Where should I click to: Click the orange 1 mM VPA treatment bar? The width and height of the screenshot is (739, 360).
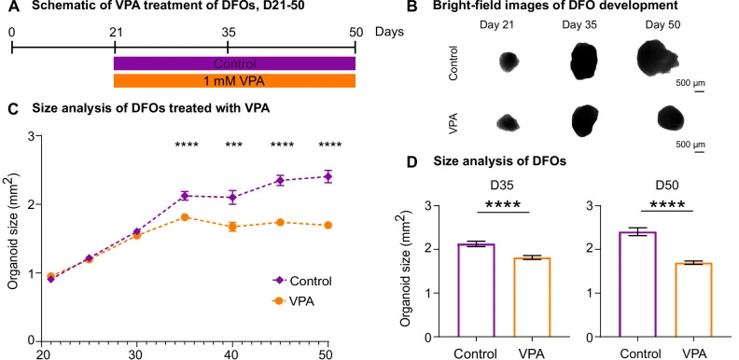tap(234, 80)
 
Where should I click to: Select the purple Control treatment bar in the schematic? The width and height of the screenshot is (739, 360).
tap(234, 63)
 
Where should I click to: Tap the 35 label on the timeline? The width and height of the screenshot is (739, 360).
tap(228, 32)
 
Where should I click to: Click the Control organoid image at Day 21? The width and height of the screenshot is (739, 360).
tap(509, 62)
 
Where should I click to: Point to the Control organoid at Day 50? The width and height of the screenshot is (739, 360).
tap(658, 58)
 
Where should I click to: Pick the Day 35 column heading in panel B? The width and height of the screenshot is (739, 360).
tap(579, 25)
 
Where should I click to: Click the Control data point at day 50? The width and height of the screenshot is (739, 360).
tap(328, 176)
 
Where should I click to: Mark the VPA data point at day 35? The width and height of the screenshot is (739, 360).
tap(185, 216)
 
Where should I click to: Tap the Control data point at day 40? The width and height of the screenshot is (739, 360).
tap(232, 197)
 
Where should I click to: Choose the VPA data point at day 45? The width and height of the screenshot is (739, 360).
tap(280, 222)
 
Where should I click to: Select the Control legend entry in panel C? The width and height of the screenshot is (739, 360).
tap(302, 281)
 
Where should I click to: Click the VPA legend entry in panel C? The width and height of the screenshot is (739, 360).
tap(293, 301)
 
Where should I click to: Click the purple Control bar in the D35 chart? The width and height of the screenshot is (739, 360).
tap(477, 290)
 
